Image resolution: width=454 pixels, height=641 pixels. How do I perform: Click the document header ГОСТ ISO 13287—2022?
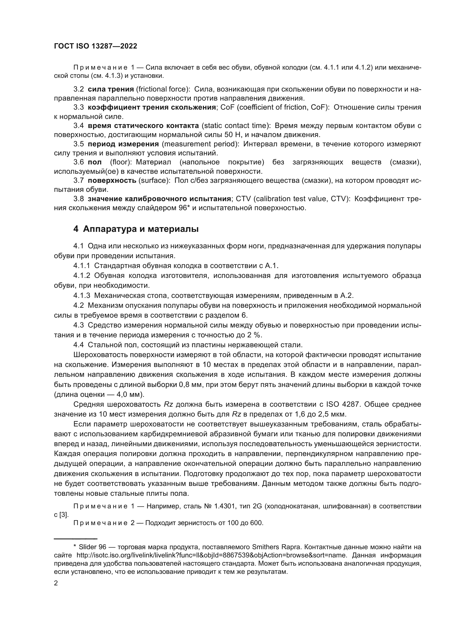click(x=95, y=46)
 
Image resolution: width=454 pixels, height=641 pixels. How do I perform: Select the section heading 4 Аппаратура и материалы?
click(x=136, y=229)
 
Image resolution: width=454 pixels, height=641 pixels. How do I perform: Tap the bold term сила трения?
click(x=111, y=89)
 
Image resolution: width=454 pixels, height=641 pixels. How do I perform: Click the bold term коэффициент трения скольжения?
click(x=152, y=107)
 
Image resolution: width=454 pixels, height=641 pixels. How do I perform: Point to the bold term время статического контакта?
click(x=143, y=126)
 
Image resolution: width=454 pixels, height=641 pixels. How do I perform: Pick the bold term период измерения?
click(x=123, y=144)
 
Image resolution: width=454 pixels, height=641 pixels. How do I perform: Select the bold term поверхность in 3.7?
click(x=112, y=180)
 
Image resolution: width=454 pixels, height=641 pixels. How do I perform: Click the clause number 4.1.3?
click(x=82, y=295)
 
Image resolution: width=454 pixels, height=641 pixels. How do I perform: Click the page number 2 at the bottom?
click(x=56, y=583)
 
